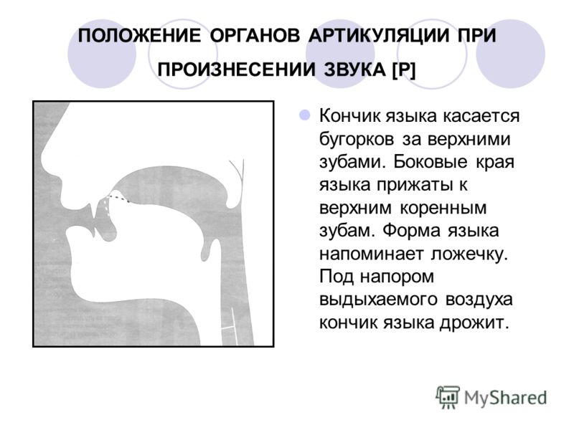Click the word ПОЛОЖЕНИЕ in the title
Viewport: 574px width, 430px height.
pos(139,36)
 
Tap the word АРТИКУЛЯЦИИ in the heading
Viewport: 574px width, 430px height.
pos(379,36)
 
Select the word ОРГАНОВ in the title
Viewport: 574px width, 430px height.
pos(255,36)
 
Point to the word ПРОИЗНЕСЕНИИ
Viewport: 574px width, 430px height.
pos(237,70)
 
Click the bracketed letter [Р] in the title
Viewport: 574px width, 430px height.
pos(404,70)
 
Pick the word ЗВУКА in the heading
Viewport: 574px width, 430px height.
pos(354,70)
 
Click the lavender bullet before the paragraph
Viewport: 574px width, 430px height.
pos(304,115)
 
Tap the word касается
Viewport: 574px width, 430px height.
pos(481,116)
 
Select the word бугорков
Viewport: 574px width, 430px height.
pos(357,139)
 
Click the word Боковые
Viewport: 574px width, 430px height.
pos(430,162)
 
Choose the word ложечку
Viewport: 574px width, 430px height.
pos(470,254)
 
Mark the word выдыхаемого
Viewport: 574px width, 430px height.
pos(378,300)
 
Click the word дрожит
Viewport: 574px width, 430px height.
pos(474,322)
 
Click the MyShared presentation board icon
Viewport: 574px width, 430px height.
pos(448,398)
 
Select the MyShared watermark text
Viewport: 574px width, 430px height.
pos(506,398)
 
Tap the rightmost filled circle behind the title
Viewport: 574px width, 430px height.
pos(511,54)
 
